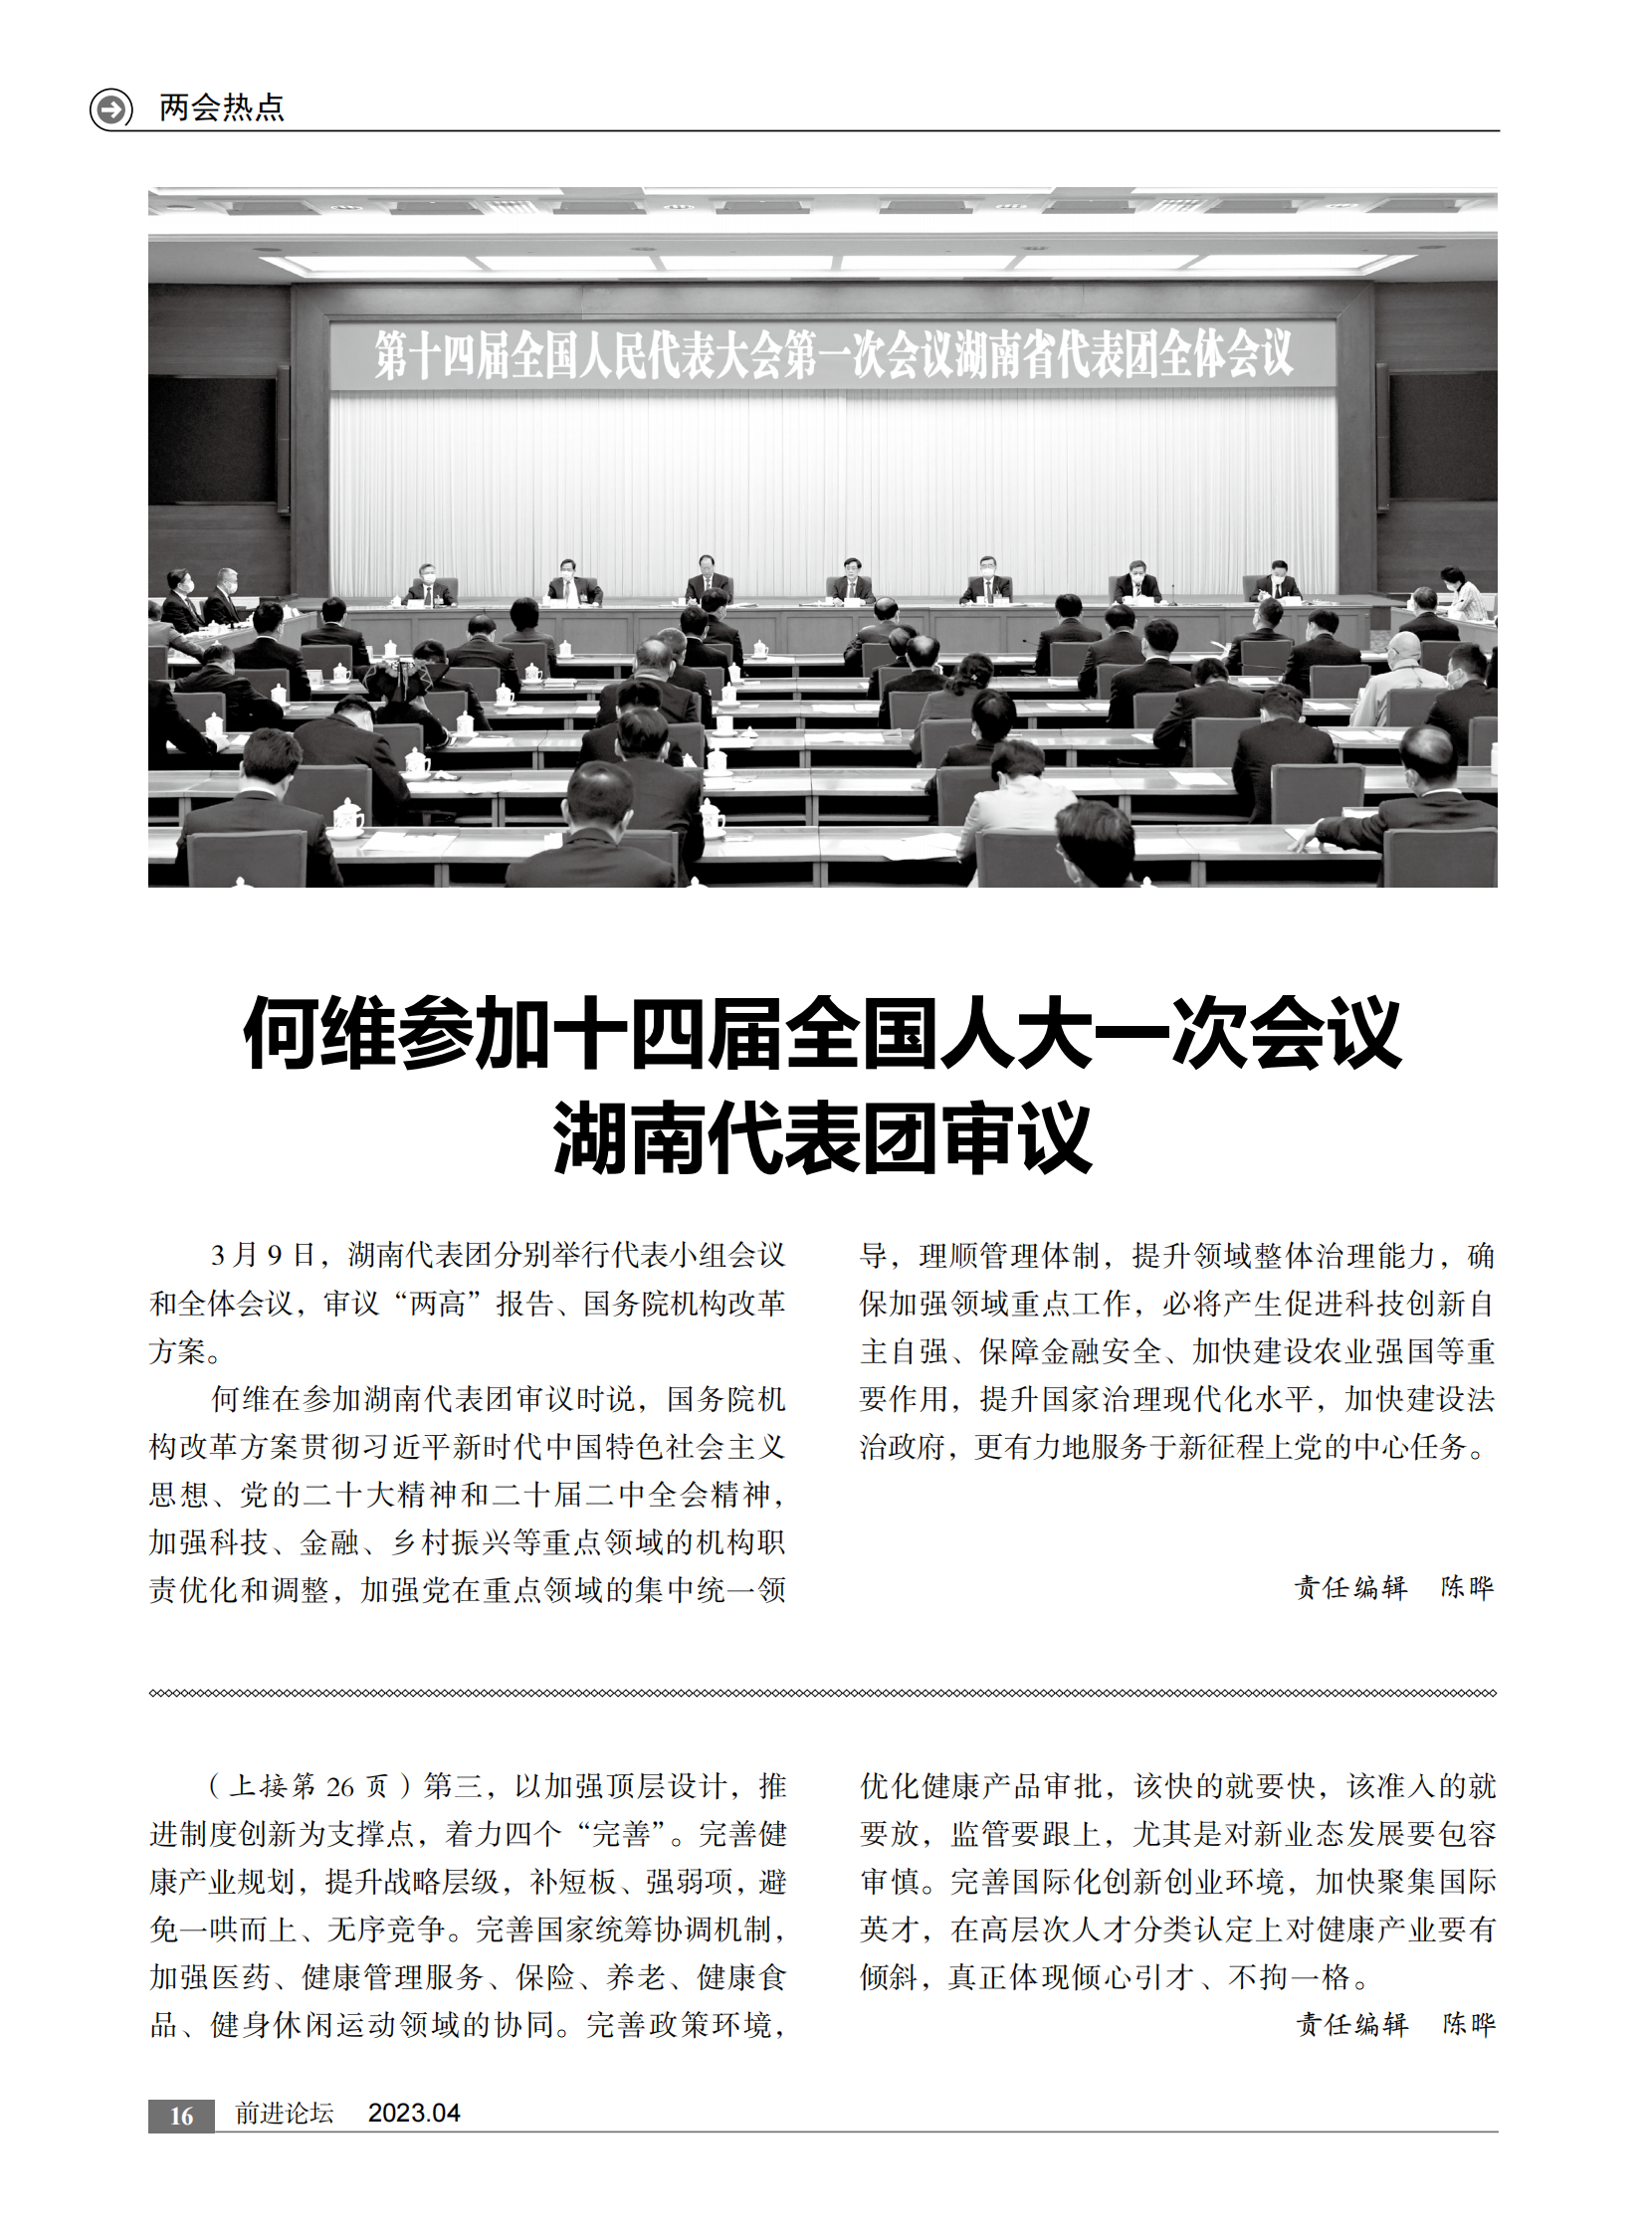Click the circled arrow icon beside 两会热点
tap(110, 107)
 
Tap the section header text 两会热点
tap(222, 107)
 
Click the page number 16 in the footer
tap(180, 2116)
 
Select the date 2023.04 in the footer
tap(414, 2113)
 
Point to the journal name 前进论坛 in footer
tap(284, 2113)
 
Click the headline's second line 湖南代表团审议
tap(822, 1137)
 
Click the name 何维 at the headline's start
tap(319, 1034)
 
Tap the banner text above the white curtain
tap(833, 354)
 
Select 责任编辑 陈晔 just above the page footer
tap(1395, 2024)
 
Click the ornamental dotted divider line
tap(822, 1693)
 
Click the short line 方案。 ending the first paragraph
tap(186, 1351)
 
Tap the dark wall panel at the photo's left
tap(212, 439)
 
